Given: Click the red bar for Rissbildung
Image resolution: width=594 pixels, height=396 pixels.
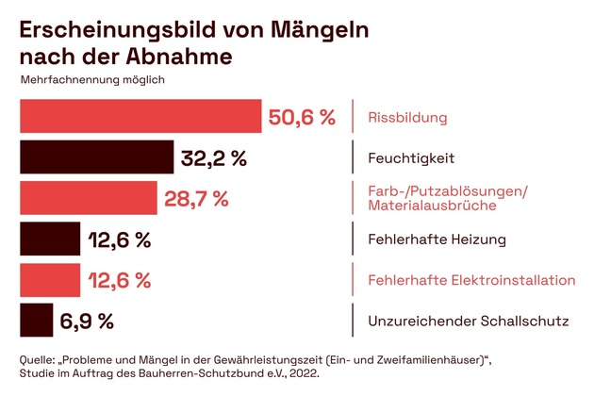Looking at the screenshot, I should [140, 117].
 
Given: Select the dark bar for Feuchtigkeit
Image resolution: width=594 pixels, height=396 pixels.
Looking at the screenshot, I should [96, 157].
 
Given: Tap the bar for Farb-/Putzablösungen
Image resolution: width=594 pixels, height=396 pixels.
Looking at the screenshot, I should [88, 198].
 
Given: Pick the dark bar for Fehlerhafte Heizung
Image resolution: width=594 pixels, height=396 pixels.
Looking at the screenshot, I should [50, 239].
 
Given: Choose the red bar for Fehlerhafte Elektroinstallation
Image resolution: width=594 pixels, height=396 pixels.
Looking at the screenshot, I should [50, 280].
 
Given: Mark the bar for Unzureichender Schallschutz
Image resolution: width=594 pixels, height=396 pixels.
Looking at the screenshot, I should [36, 321].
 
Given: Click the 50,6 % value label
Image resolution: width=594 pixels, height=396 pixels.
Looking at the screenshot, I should [302, 118].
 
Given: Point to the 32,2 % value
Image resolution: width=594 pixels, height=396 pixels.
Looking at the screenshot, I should [214, 158].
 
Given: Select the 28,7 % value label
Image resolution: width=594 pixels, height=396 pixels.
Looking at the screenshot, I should [196, 199].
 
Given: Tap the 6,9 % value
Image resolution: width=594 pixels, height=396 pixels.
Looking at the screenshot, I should [87, 322].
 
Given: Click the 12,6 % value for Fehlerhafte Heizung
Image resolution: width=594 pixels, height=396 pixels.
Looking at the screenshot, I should [119, 239].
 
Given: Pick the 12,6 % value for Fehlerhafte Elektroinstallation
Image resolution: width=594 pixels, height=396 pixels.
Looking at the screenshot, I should [119, 281].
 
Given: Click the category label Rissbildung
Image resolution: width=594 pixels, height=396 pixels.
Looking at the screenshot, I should [406, 119].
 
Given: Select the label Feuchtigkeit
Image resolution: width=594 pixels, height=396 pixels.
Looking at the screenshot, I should [410, 158].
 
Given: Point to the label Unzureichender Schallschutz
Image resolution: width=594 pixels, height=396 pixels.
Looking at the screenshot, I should [468, 322].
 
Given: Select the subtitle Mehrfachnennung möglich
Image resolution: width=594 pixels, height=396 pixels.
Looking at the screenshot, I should [92, 79].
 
